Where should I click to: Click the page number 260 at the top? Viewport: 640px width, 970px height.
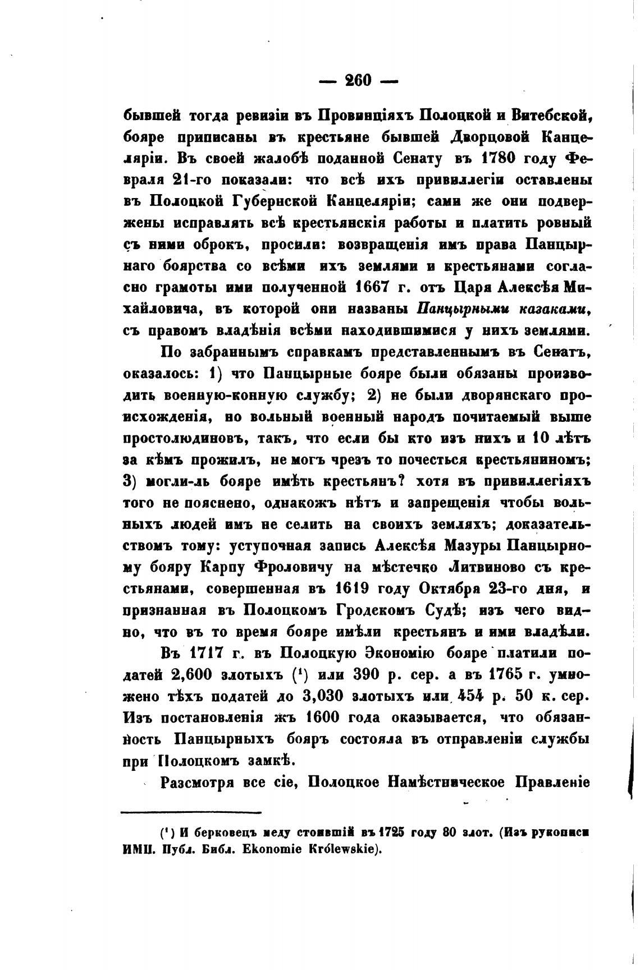358,80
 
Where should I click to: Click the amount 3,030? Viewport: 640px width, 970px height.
323,697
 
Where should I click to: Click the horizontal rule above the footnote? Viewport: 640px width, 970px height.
191,812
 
